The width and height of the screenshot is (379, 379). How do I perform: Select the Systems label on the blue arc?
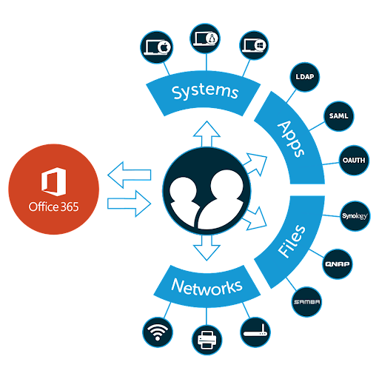[x=204, y=93]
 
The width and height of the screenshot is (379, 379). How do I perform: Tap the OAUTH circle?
[x=352, y=160]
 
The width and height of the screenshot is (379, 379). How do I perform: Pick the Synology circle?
[x=352, y=216]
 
